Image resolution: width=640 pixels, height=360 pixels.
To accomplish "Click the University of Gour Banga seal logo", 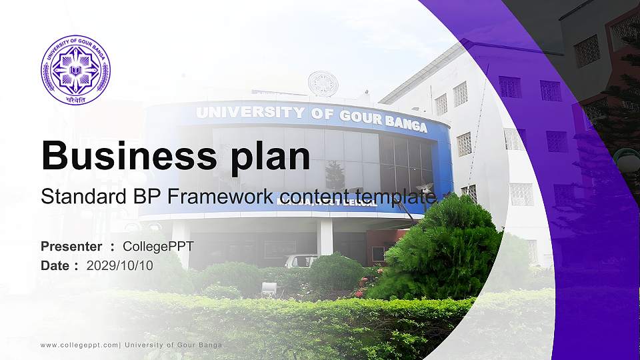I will (x=75, y=70).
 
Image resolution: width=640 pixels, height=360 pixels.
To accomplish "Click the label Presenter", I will (x=71, y=247).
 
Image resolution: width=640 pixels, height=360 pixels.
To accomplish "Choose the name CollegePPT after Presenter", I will (x=158, y=247).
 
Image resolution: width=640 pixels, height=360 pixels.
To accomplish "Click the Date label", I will (x=55, y=265).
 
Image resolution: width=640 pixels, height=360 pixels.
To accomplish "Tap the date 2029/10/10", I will (x=120, y=265).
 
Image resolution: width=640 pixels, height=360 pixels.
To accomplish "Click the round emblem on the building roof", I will (x=323, y=83).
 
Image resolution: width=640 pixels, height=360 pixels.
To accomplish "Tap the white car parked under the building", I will (x=301, y=260).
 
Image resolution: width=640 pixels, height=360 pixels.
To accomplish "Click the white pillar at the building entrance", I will (x=325, y=237).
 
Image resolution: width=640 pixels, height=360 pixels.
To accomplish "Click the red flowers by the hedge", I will (x=361, y=292).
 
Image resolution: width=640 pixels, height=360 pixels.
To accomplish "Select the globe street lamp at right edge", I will (x=629, y=159).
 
